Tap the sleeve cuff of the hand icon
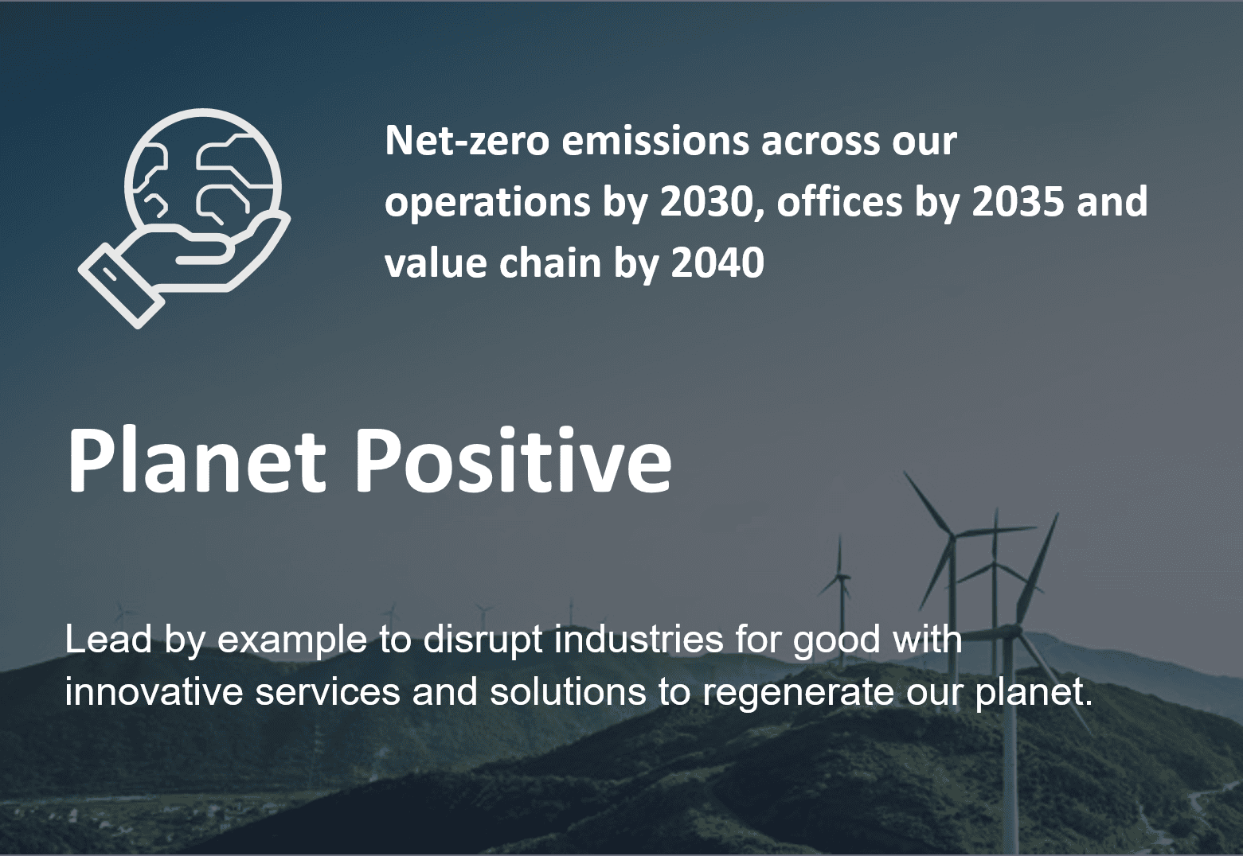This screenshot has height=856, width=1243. tap(122, 286)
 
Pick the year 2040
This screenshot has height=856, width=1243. tap(718, 263)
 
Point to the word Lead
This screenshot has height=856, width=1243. tap(109, 640)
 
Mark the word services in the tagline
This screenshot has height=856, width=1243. tap(327, 691)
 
